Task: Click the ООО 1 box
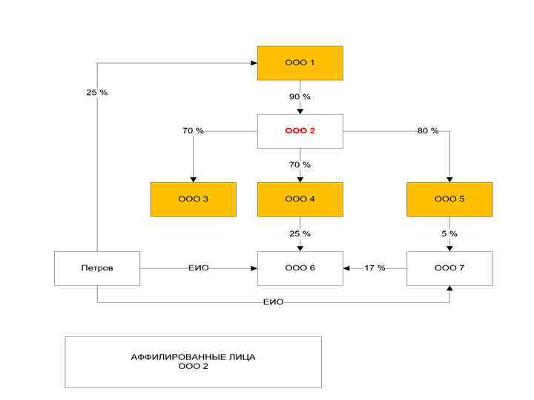[x=300, y=63]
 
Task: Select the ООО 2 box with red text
[x=300, y=131]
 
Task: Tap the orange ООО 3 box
[x=193, y=199]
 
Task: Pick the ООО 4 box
[x=300, y=199]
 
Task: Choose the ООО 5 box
[x=449, y=199]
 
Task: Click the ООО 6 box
[x=300, y=267]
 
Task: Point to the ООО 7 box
[x=449, y=267]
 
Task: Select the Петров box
[x=97, y=267]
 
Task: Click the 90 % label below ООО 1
[x=300, y=97]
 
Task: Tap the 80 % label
[x=428, y=131]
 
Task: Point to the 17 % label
[x=375, y=267]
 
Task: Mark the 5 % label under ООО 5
[x=449, y=234]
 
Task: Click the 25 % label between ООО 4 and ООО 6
[x=300, y=234]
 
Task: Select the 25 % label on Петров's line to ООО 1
[x=97, y=93]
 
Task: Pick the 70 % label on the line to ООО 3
[x=193, y=131]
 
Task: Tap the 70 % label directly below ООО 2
[x=300, y=164]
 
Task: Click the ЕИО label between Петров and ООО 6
[x=198, y=267]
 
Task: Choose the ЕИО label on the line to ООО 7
[x=273, y=302]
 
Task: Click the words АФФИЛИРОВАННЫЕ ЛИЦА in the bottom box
[x=193, y=356]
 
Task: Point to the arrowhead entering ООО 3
[x=193, y=179]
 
